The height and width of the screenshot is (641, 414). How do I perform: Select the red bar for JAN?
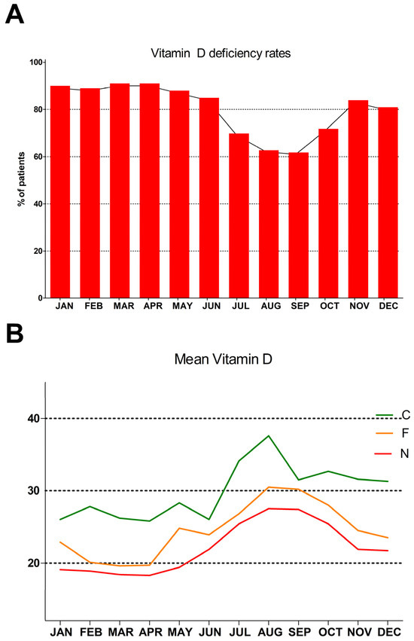[x=60, y=191]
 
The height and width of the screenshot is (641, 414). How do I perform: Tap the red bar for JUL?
[x=239, y=215]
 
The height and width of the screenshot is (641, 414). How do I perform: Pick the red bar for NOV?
[x=358, y=199]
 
